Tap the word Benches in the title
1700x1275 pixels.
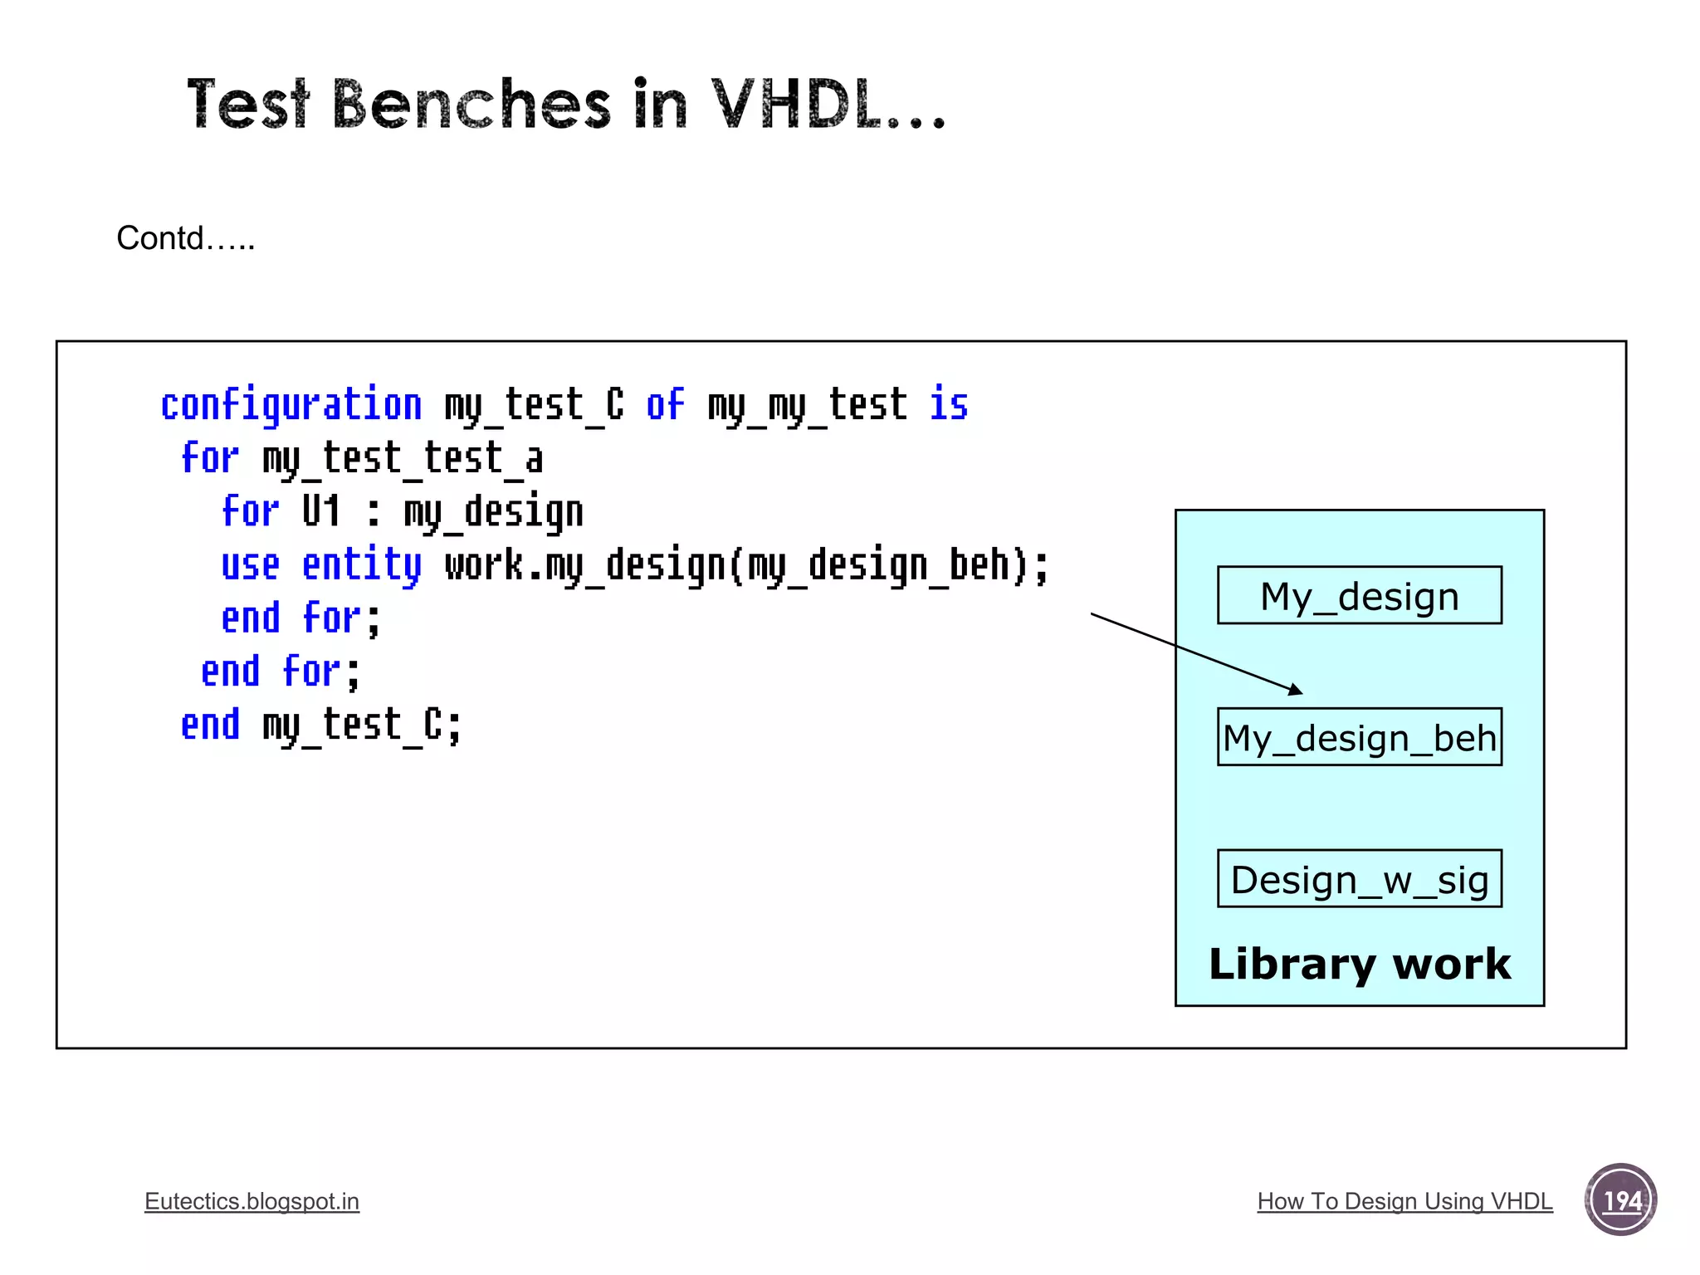click(x=471, y=105)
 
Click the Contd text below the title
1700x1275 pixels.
click(x=185, y=238)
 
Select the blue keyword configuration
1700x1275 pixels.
click(x=291, y=405)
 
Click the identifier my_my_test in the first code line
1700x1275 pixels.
click(x=807, y=405)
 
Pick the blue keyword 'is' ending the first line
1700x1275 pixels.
click(x=949, y=405)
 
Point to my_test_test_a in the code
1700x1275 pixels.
click(x=403, y=459)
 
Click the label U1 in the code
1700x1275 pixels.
click(x=321, y=511)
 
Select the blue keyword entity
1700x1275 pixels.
click(x=362, y=565)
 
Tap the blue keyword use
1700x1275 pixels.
click(x=250, y=565)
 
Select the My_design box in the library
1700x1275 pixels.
click(x=1359, y=595)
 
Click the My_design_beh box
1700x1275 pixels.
click(x=1359, y=737)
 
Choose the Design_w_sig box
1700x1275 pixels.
click(x=1359, y=878)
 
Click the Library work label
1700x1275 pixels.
click(x=1359, y=964)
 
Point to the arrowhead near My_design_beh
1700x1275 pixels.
click(x=1296, y=690)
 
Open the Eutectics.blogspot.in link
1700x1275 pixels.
click(x=252, y=1201)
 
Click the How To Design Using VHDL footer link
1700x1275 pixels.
click(x=1404, y=1201)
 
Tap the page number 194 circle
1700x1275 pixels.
click(x=1620, y=1199)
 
